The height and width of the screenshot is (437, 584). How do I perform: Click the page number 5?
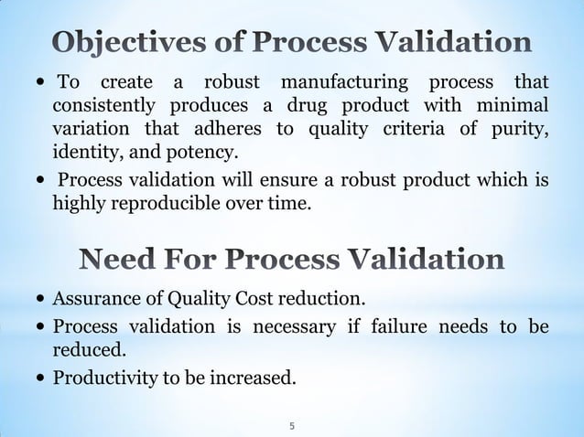(x=291, y=425)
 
